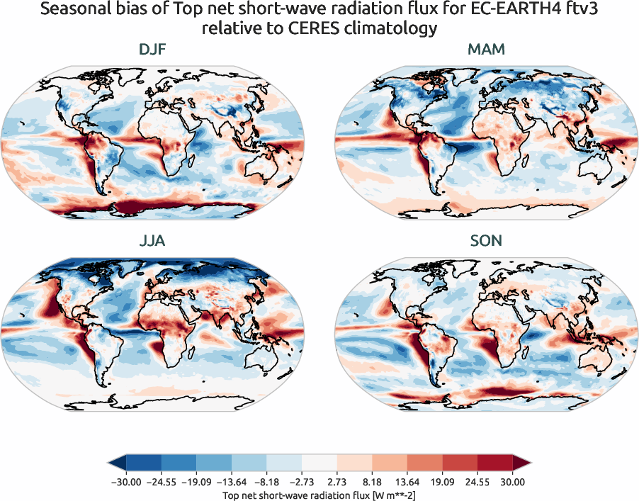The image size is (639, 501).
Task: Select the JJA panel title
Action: (x=154, y=241)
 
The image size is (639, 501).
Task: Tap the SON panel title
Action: (x=486, y=241)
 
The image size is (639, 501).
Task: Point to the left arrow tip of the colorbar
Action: (x=110, y=463)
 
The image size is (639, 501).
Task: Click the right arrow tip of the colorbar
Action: (x=529, y=463)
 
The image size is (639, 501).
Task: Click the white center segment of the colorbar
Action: (x=319, y=463)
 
